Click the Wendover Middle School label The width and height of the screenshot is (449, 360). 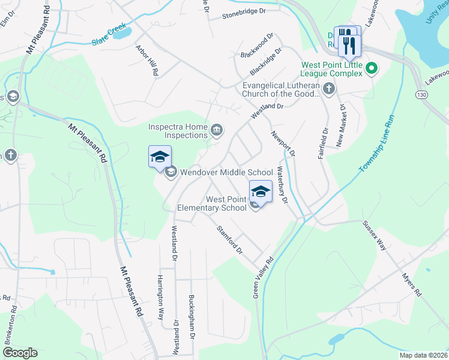click(x=227, y=172)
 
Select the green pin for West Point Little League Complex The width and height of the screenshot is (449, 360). click(x=371, y=68)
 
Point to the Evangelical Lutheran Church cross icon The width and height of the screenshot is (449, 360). click(x=328, y=89)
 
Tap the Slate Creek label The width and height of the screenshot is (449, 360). click(x=110, y=37)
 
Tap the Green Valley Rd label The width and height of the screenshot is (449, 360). click(x=263, y=278)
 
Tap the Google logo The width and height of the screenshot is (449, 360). click(x=20, y=353)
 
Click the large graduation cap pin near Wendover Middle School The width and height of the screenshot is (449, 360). click(x=160, y=157)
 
